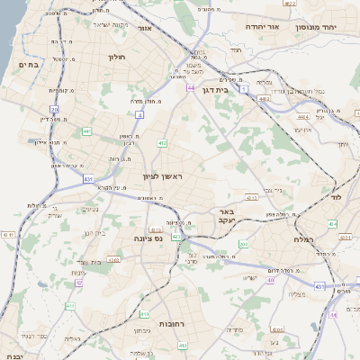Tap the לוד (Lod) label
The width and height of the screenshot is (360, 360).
[337, 196]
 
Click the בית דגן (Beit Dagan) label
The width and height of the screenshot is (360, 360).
[238, 90]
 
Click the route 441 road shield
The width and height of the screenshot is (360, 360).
[87, 131]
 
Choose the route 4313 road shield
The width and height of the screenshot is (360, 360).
[178, 236]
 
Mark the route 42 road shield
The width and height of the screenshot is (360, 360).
[79, 283]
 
